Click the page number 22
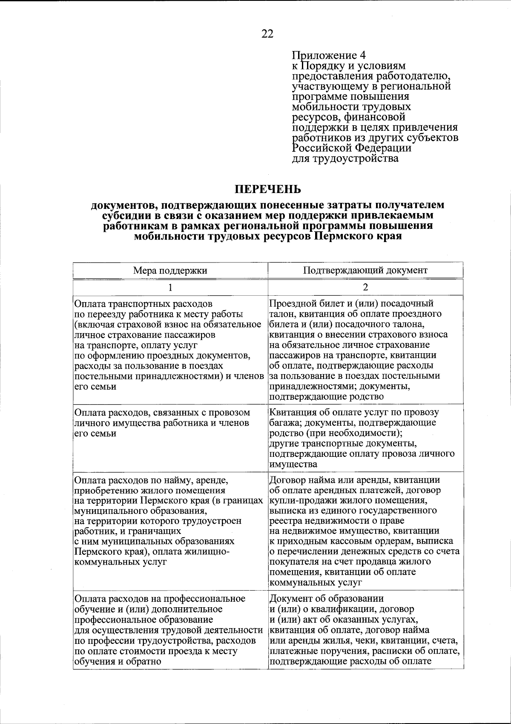[x=267, y=34]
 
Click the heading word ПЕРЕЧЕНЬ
[x=268, y=188]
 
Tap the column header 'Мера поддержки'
[x=170, y=270]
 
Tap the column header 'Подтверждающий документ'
[x=365, y=270]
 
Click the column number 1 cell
[x=170, y=287]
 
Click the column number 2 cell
[x=365, y=287]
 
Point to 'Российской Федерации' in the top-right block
[x=351, y=148]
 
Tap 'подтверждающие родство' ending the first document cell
[x=327, y=397]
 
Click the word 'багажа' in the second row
[x=283, y=423]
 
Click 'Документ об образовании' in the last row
[x=327, y=598]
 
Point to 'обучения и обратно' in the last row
[x=118, y=661]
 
